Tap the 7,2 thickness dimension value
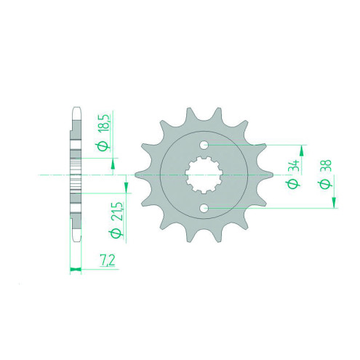click(107, 261)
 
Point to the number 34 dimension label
click(295, 166)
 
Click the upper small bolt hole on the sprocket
click(204, 145)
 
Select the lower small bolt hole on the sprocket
click(204, 208)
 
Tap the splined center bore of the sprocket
click(204, 175)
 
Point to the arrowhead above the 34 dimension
click(301, 151)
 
